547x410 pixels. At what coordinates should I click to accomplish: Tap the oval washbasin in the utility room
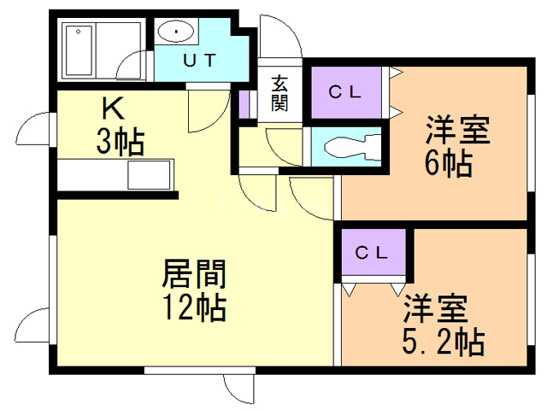tap(175, 32)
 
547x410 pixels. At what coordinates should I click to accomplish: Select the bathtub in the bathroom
tap(79, 51)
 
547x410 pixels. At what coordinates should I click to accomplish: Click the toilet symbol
tap(351, 147)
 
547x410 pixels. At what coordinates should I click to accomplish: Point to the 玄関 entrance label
tap(279, 93)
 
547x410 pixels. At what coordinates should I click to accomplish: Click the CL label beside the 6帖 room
tap(344, 91)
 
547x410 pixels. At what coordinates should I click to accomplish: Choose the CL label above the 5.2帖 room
tap(372, 253)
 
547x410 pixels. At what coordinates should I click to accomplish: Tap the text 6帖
tap(449, 163)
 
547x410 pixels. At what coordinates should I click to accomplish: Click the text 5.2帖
tap(444, 342)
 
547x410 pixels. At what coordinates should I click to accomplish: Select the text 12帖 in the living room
tap(195, 307)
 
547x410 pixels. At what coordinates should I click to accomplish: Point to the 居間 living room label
tap(195, 273)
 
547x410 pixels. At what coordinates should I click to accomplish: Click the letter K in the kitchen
tap(113, 108)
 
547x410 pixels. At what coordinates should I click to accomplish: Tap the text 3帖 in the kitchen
tap(121, 143)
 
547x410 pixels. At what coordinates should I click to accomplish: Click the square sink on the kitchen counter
tap(149, 175)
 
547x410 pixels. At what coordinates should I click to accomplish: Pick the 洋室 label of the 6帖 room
tap(458, 130)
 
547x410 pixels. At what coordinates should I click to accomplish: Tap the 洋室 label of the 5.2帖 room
tap(436, 309)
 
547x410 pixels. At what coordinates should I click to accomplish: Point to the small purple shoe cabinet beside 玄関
tap(244, 104)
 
